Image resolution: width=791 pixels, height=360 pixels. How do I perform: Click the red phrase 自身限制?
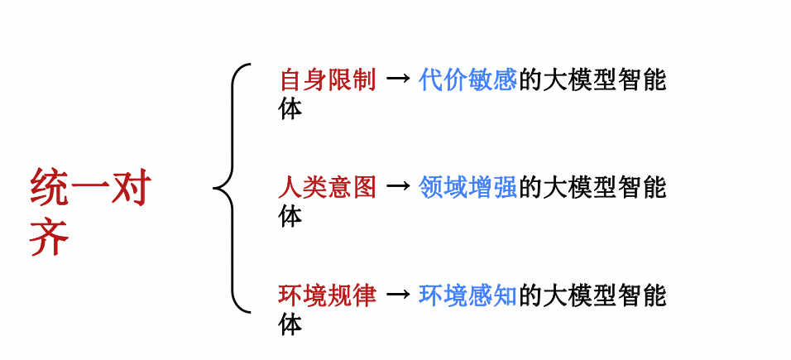[x=328, y=80]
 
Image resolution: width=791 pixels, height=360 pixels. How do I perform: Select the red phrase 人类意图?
[x=328, y=188]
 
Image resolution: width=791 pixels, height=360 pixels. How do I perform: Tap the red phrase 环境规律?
[x=328, y=295]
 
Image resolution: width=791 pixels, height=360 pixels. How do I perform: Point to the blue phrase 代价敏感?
[x=468, y=80]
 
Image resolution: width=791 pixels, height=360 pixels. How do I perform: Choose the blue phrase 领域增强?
[x=468, y=188]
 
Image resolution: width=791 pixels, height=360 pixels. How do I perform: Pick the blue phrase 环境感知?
[x=468, y=295]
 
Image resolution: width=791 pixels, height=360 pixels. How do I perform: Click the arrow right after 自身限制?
[x=398, y=80]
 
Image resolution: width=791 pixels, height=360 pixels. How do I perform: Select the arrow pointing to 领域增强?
[x=398, y=188]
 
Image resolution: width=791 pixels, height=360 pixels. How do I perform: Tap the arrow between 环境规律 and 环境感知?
[x=398, y=295]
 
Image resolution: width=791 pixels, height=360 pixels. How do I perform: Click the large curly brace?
[x=231, y=188]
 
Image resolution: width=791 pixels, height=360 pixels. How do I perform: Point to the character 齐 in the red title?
[x=50, y=238]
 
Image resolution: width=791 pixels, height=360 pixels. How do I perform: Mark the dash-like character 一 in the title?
[x=91, y=190]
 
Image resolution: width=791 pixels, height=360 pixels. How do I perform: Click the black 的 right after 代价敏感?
[x=530, y=80]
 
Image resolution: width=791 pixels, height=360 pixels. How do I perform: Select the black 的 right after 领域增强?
[x=530, y=188]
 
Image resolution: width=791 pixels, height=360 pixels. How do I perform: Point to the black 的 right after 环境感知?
[x=530, y=295]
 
